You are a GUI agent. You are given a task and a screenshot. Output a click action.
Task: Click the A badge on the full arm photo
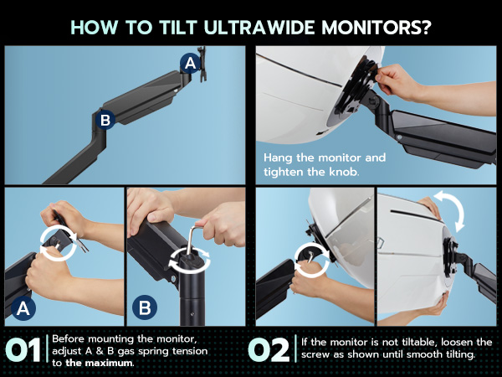click(x=190, y=63)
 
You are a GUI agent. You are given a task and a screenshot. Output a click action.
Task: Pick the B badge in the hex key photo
click(x=144, y=307)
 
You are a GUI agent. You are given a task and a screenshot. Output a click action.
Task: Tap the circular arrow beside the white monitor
click(x=310, y=255)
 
